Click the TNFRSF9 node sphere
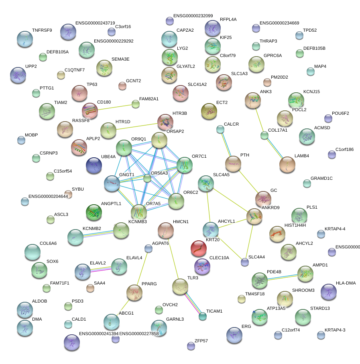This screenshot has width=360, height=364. pos(26,39)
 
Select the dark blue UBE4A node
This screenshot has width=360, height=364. pos(94,165)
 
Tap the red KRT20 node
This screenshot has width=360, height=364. pos(199,249)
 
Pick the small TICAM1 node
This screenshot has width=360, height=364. pos(203,316)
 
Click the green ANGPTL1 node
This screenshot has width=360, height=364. pos(94,213)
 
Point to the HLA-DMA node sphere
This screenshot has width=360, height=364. pos(329,292)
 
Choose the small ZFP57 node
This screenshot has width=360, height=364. pos(191,346)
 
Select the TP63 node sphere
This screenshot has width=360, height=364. pos(79,93)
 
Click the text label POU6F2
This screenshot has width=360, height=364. pos(340,113)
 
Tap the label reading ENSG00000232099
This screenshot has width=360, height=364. pos(193,16)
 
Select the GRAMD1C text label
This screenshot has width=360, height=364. pos(321,178)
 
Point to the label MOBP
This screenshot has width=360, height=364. pos(31,135)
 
